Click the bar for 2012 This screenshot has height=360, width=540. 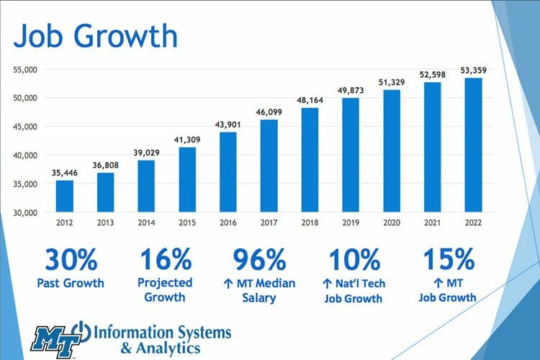(x=64, y=196)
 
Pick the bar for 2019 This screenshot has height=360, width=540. (x=350, y=156)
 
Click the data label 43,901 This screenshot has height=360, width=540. (x=228, y=125)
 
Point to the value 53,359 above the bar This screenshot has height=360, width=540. (x=473, y=70)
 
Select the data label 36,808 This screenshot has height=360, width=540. (x=105, y=165)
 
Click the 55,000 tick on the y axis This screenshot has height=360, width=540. (x=26, y=69)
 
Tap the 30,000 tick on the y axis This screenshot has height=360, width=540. (x=26, y=212)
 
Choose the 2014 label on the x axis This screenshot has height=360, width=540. (x=146, y=223)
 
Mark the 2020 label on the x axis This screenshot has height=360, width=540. (x=391, y=223)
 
